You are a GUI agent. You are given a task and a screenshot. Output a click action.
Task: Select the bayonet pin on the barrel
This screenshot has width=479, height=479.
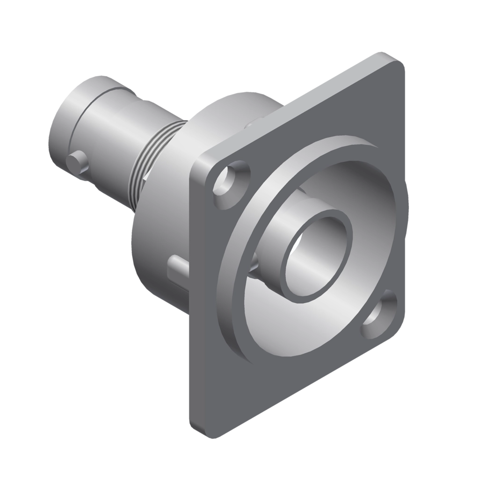click(x=77, y=162)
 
